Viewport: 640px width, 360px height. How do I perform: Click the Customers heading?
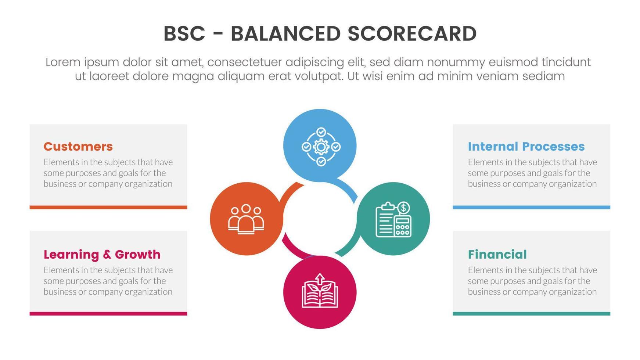[x=78, y=147]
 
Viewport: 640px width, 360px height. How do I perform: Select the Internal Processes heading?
[x=526, y=147]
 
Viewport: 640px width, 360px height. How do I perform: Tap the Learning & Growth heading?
[x=102, y=254]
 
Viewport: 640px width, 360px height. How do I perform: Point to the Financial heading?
[x=497, y=254]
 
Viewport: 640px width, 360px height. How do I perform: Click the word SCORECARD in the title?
[x=412, y=34]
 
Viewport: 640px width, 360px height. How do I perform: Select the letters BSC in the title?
[x=184, y=34]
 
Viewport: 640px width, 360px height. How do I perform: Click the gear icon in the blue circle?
[x=321, y=147]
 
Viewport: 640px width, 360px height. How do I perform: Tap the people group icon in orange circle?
[x=246, y=219]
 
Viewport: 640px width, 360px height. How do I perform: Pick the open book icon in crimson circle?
[x=320, y=291]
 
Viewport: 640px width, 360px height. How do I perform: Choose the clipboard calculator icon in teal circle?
[x=393, y=219]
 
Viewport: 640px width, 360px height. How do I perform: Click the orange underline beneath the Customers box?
[x=108, y=207]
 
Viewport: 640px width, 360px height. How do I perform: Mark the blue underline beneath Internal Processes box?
[x=531, y=207]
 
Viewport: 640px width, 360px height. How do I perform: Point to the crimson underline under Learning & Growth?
[x=108, y=314]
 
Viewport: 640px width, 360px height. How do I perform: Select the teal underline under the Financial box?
[x=531, y=314]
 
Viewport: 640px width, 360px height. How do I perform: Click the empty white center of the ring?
[x=320, y=219]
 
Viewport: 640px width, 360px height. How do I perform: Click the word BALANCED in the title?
[x=285, y=34]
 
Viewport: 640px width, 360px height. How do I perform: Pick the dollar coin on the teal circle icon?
[x=403, y=208]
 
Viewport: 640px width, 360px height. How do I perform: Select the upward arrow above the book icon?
[x=320, y=278]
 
